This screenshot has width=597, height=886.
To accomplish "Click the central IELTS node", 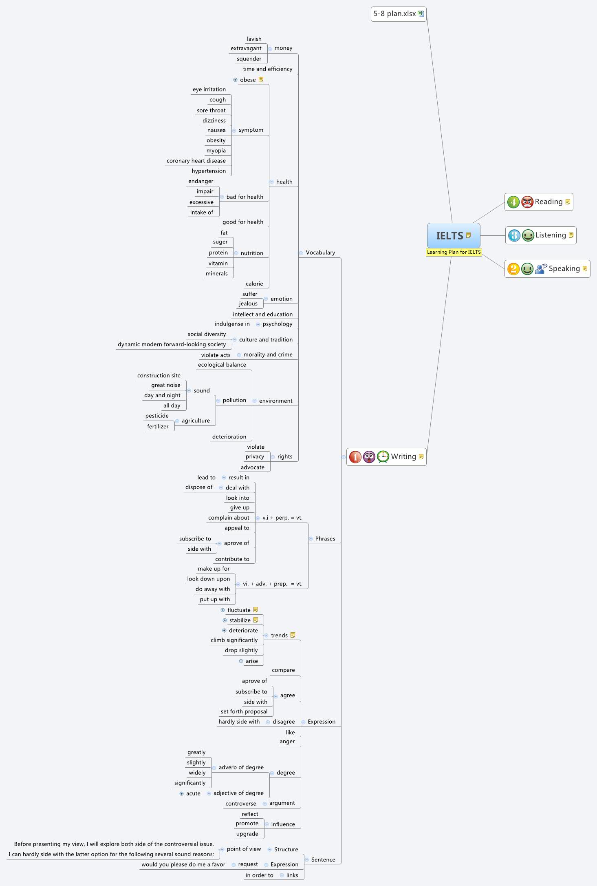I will [450, 235].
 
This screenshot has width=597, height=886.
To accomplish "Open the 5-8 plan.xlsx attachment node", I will [398, 14].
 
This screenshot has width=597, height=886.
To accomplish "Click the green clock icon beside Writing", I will [383, 456].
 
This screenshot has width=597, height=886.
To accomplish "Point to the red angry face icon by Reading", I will [527, 202].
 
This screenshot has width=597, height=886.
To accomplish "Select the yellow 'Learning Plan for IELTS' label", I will [454, 252].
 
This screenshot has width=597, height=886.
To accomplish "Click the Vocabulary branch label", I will [320, 253].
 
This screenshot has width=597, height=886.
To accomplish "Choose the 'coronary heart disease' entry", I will [196, 161].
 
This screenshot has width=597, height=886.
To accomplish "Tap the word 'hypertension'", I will [209, 171].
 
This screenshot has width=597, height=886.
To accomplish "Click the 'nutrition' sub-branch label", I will [252, 253].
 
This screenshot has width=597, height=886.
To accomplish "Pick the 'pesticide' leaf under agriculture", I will [157, 416].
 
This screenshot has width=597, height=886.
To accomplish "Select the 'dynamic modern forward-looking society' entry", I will [172, 344].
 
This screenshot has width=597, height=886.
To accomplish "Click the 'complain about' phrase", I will [229, 518].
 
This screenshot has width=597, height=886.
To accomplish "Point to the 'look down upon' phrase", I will [208, 579].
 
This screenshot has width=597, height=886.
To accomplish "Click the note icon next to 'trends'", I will [293, 635].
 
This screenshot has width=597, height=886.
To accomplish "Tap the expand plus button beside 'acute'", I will [181, 793].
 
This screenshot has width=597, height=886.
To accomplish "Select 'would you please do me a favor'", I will [183, 864].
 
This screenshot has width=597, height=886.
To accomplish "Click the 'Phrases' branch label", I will [325, 538].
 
